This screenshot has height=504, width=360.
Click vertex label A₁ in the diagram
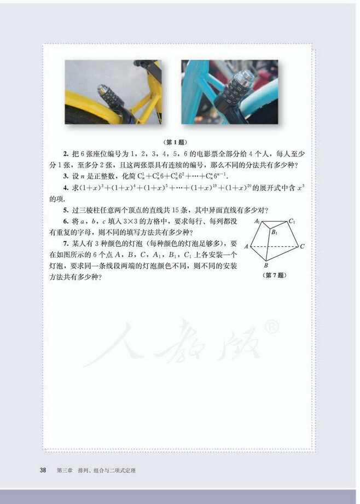pos(256,222)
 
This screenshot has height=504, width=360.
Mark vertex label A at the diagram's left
pos(247,247)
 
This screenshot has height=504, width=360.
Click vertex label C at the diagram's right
pos(303,247)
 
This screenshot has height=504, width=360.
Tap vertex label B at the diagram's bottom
pos(266,265)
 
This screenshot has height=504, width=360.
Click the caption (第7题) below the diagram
pos(275,275)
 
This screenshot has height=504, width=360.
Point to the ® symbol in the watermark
pos(272,328)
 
